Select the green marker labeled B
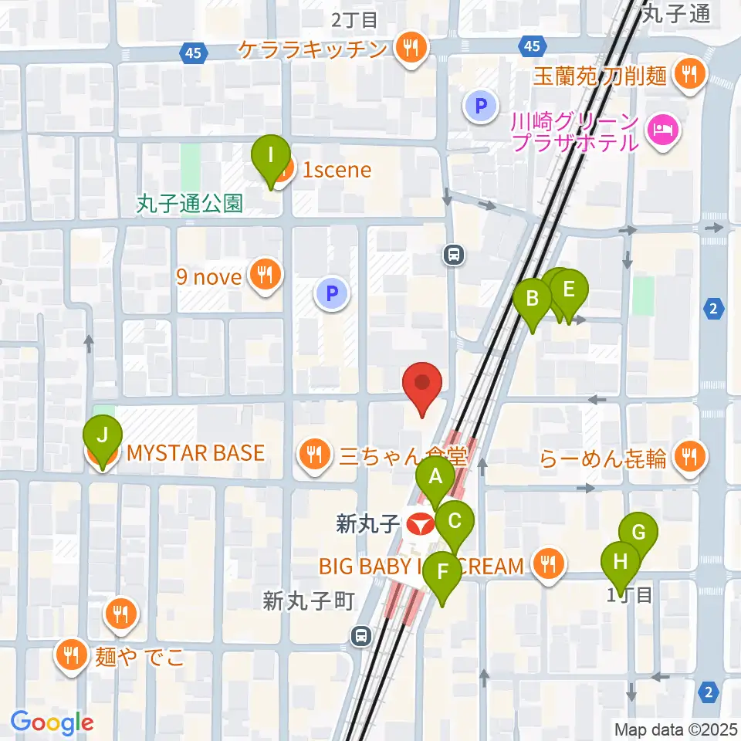point(533,299)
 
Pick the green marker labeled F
point(442,573)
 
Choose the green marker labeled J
point(103,436)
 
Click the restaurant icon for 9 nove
point(266,276)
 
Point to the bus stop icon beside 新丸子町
point(360,635)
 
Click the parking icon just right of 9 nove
point(332,293)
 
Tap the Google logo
point(52,722)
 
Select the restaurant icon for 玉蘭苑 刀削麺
point(685,74)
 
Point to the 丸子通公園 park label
point(190,204)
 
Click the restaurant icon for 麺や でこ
point(72,657)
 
